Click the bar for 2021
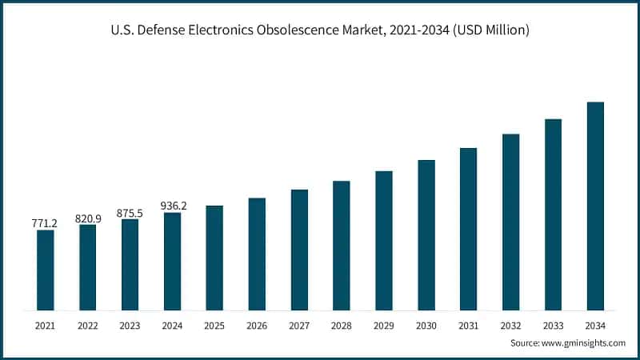pyautogui.click(x=46, y=270)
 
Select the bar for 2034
pyautogui.click(x=595, y=206)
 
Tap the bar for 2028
pyautogui.click(x=342, y=245)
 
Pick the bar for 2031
pyautogui.click(x=468, y=229)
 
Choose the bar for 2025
pyautogui.click(x=214, y=258)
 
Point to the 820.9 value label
pyautogui.click(x=88, y=218)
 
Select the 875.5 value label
pyautogui.click(x=130, y=213)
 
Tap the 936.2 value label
pyautogui.click(x=173, y=206)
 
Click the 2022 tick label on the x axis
pyautogui.click(x=88, y=326)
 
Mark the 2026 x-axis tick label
pyautogui.click(x=257, y=326)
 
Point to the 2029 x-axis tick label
pyautogui.click(x=384, y=326)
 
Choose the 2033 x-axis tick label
pyautogui.click(x=553, y=326)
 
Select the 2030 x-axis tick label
pyautogui.click(x=426, y=326)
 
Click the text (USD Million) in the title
pyautogui.click(x=490, y=30)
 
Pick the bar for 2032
pyautogui.click(x=510, y=222)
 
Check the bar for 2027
pyautogui.click(x=299, y=250)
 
